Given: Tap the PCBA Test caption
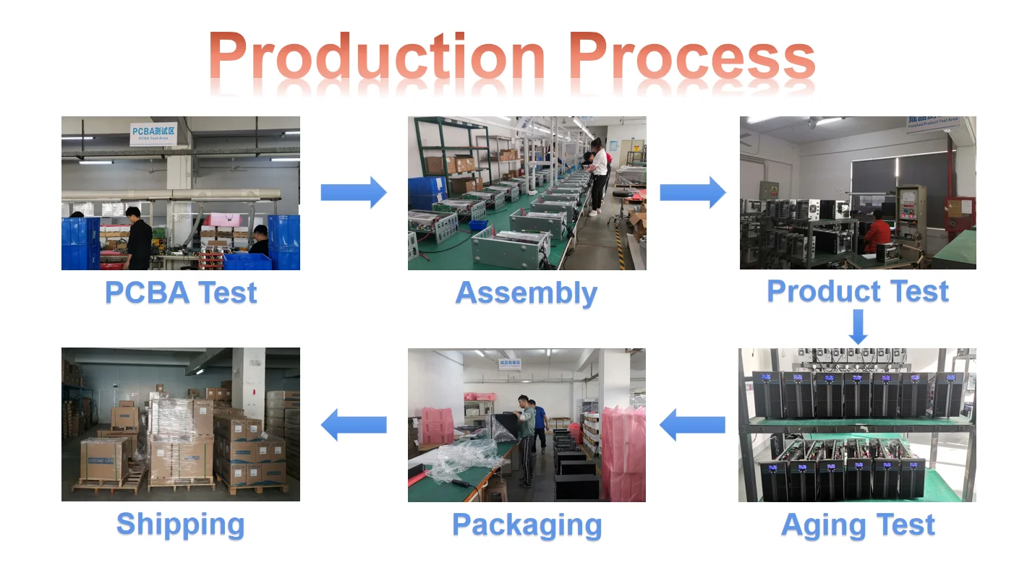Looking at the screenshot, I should coord(181,293).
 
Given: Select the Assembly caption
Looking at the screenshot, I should coord(527,293).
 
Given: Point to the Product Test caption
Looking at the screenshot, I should coord(858,291).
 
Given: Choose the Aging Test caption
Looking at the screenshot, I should coord(858,525).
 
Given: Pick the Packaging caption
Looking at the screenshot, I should coord(527,525).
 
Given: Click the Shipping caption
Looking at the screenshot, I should coord(181,525).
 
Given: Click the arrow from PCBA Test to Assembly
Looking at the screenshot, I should coord(354,192).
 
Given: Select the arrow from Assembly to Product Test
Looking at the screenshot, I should coord(692,192).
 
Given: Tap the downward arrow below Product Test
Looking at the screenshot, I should coord(858,327).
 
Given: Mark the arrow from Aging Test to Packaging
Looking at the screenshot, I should coord(692,425).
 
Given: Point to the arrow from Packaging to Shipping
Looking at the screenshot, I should coord(354,425).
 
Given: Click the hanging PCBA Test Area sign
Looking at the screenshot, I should coord(153,134).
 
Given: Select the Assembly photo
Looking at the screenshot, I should coord(527,193).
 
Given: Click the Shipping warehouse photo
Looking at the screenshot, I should coord(181,425).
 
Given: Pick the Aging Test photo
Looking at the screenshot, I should coord(857,425).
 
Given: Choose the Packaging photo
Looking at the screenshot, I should coord(527,425).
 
